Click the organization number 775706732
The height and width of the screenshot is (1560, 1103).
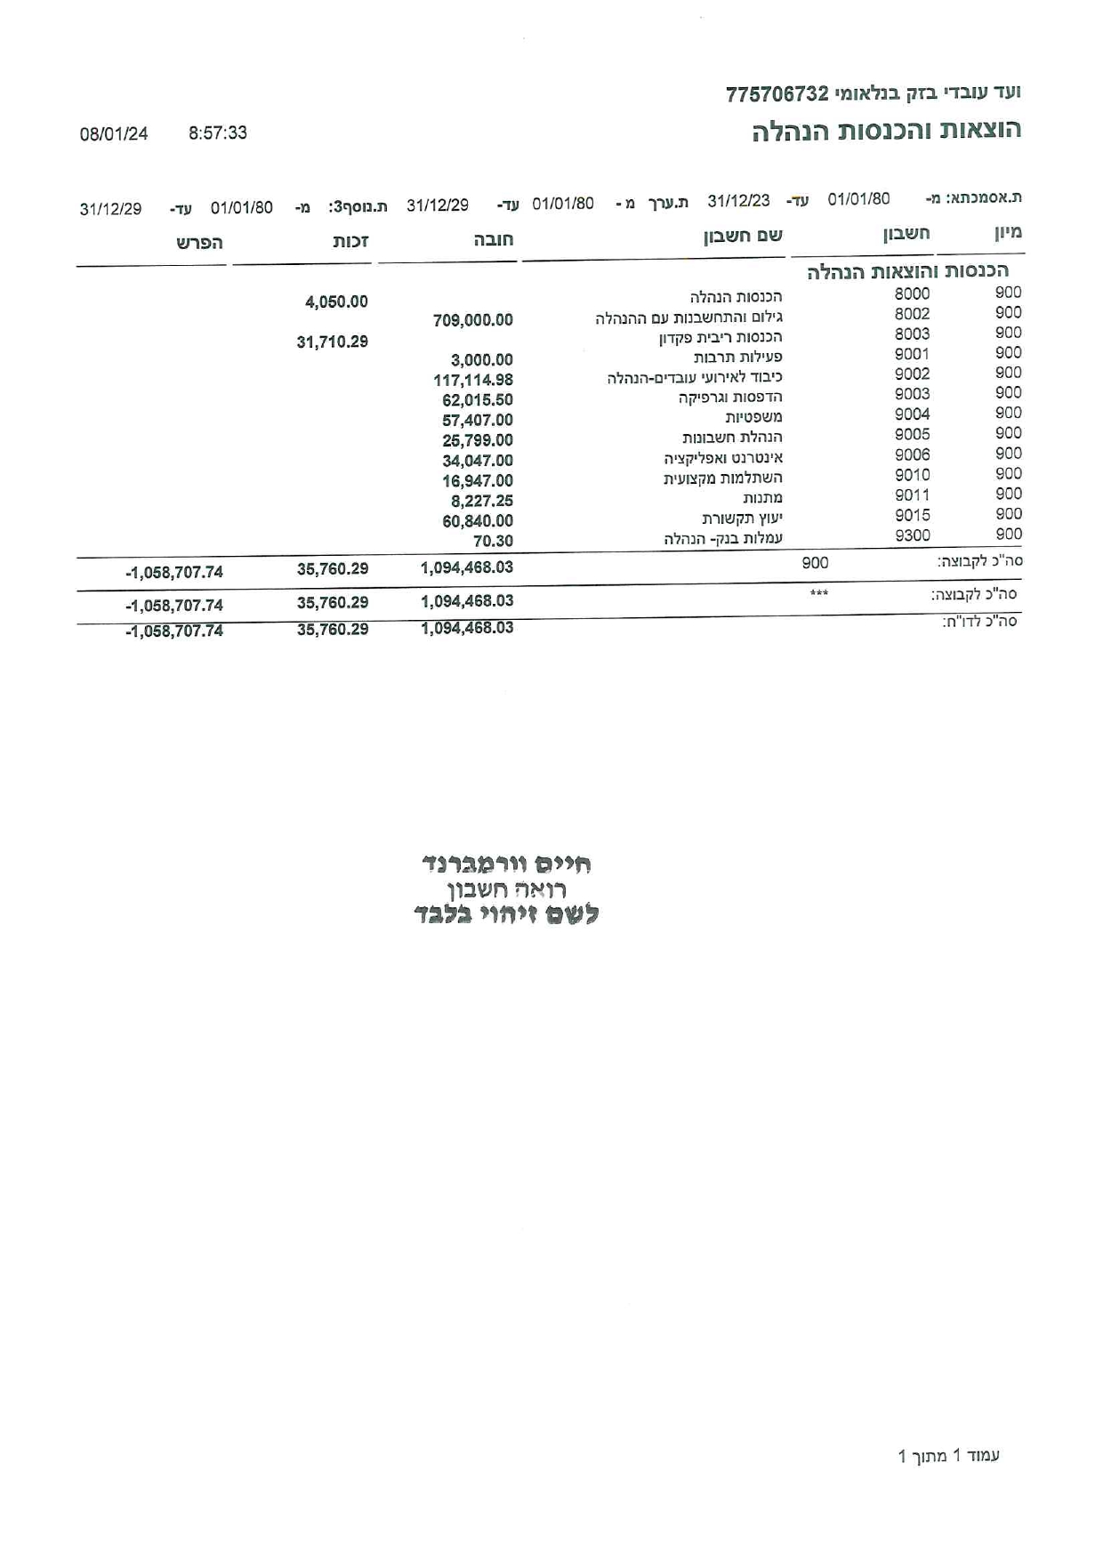[777, 94]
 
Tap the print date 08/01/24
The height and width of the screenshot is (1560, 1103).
[114, 134]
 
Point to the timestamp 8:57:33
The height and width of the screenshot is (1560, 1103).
[218, 133]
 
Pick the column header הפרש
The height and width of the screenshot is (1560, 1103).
[199, 243]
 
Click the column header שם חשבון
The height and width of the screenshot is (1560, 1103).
[744, 236]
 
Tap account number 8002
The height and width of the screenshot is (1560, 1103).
[912, 314]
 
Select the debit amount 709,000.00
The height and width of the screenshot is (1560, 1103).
[472, 320]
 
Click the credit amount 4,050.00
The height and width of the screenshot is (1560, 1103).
[336, 302]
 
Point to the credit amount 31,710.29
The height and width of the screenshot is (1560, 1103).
[332, 342]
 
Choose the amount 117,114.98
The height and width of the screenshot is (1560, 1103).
[472, 380]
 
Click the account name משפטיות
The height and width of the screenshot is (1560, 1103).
[753, 417]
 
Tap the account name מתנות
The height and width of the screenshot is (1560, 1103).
[762, 498]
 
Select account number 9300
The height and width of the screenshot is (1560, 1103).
[912, 535]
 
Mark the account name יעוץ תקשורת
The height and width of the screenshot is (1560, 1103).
[742, 519]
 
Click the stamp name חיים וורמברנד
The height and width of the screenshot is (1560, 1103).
[506, 864]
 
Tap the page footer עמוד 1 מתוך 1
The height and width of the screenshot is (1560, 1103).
[949, 1456]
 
